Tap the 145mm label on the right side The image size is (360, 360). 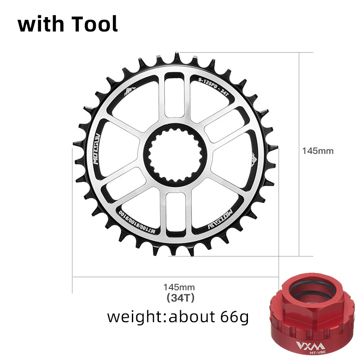click(x=318, y=151)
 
